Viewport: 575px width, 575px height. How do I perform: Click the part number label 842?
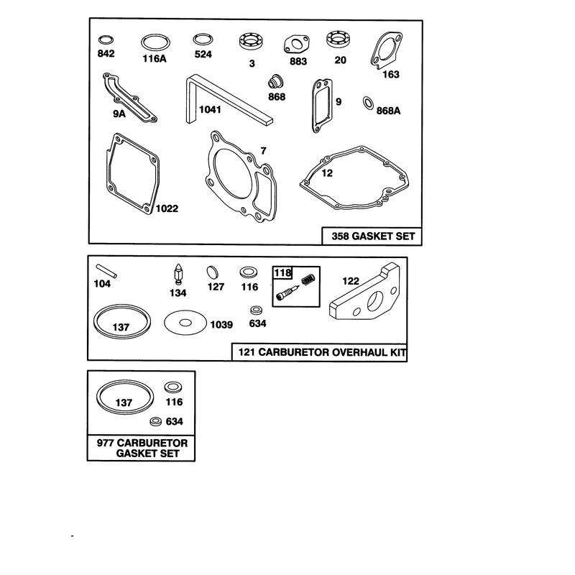[106, 53]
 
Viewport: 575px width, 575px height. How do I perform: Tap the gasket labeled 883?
[296, 44]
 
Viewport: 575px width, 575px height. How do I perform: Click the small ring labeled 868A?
[368, 103]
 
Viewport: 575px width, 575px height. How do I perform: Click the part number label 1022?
[167, 208]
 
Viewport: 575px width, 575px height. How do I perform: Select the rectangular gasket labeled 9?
[315, 106]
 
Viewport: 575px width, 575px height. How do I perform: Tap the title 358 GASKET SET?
[373, 236]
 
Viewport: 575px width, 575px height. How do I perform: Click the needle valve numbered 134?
[178, 274]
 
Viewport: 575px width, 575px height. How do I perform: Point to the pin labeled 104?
[106, 271]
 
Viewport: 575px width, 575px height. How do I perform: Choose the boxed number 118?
[282, 273]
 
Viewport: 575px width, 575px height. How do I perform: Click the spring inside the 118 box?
[308, 280]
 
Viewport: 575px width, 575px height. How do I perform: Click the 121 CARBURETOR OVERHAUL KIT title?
[322, 352]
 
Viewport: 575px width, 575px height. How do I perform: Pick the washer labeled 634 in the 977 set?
[156, 421]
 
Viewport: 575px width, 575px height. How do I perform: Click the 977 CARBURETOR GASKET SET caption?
[142, 448]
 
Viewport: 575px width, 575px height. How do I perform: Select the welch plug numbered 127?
[212, 272]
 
